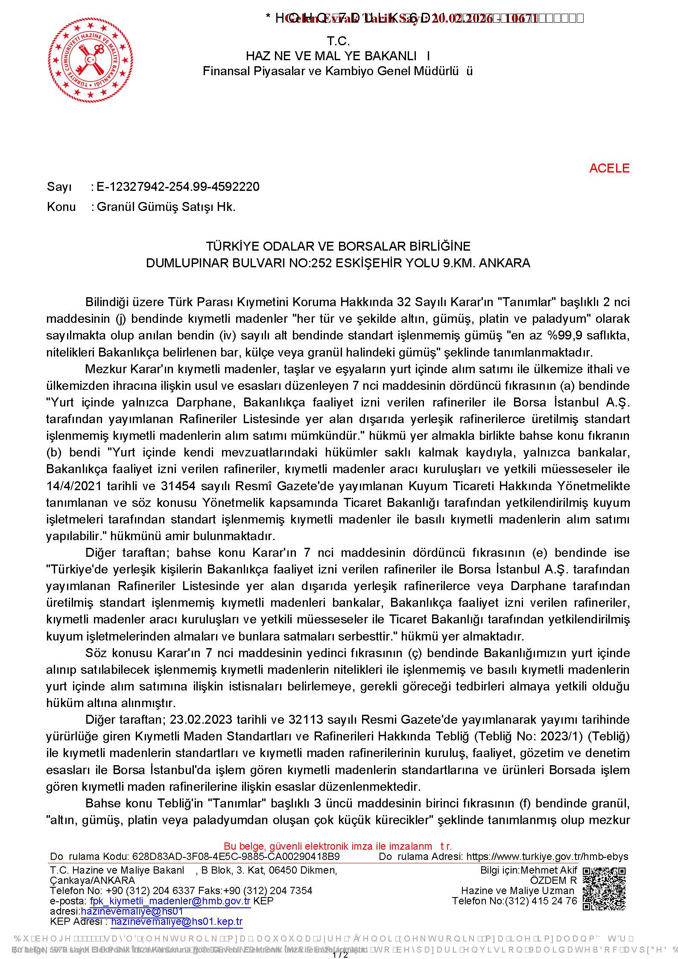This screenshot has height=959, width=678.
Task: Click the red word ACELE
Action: (x=609, y=168)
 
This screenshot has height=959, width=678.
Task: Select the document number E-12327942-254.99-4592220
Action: (x=178, y=187)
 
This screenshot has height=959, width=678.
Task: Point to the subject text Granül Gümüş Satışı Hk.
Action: (x=166, y=207)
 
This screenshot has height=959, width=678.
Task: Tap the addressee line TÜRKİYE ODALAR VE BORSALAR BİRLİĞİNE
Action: (x=338, y=246)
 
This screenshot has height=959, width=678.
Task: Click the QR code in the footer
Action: (x=604, y=889)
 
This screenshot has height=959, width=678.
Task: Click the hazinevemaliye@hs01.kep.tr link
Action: (x=177, y=921)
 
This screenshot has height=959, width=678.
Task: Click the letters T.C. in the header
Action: (x=338, y=41)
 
